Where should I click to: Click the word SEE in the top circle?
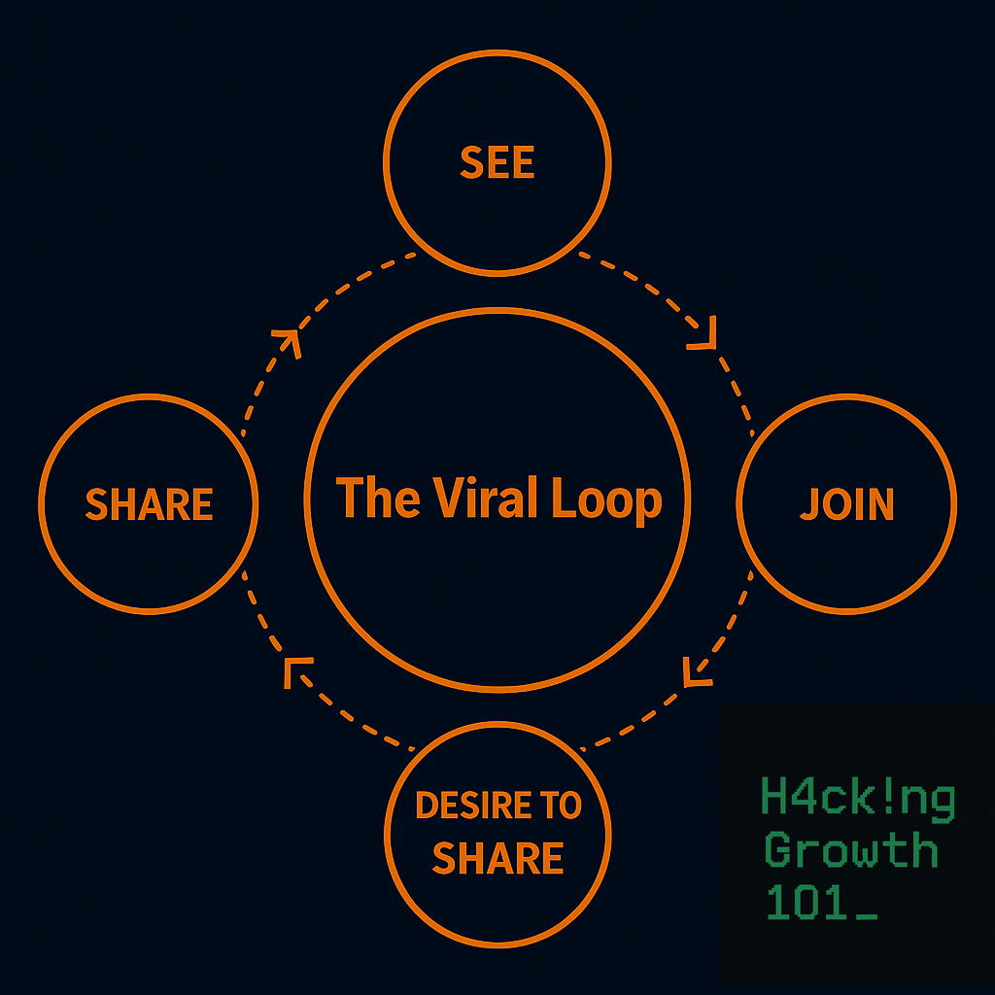click(x=497, y=163)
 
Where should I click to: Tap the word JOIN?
click(x=847, y=504)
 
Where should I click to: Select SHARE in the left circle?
click(x=149, y=504)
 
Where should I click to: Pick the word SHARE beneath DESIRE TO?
click(x=497, y=858)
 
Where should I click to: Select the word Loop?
click(x=606, y=499)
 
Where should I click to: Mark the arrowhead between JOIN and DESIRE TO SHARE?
click(x=696, y=671)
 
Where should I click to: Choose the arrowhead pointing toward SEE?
click(x=288, y=339)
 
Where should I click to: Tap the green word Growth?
click(x=851, y=850)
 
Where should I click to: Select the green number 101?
click(x=803, y=903)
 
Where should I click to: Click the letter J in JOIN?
click(x=809, y=504)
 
